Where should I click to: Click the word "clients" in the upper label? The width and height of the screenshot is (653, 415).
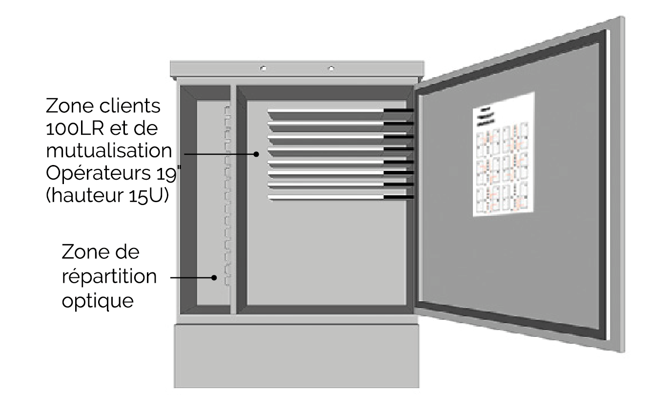click(128, 106)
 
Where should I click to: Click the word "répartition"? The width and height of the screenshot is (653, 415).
click(109, 276)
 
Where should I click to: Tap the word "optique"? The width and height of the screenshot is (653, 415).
click(97, 300)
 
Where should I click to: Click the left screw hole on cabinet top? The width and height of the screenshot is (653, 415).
click(263, 68)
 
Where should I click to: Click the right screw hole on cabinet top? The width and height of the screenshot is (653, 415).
click(331, 68)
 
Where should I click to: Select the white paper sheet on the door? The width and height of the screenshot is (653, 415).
click(503, 154)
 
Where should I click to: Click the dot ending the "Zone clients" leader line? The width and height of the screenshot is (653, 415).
click(256, 154)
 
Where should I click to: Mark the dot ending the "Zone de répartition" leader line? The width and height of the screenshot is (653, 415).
click(214, 278)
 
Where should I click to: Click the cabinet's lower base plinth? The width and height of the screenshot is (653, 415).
click(296, 355)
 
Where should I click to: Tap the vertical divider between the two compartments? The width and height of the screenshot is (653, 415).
click(233, 200)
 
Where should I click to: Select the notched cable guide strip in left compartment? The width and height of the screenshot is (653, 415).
click(226, 195)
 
